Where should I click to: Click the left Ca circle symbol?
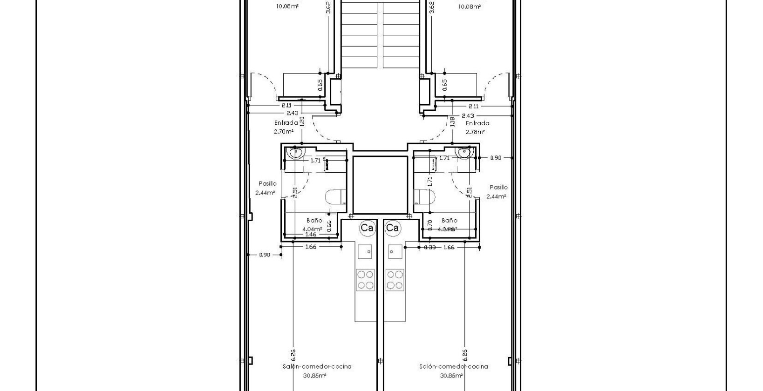coord(367,228)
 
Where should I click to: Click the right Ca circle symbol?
coord(393,228)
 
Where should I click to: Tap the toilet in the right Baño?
coord(423,197)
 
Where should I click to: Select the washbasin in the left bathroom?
coord(295,152)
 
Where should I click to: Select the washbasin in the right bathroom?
coord(464,152)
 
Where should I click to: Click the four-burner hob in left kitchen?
coord(365,280)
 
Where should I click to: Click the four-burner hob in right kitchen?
coord(395,280)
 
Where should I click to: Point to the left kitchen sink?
coord(365,252)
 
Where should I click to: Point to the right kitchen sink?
coord(395,252)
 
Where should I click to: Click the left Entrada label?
coord(286,123)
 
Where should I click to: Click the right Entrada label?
coord(477,123)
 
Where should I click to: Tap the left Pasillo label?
coord(267,183)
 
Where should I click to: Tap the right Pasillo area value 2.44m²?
coord(496,196)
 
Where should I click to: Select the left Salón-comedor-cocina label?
coord(317,366)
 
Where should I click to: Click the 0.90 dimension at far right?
coord(496,158)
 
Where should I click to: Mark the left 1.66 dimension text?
coord(311,247)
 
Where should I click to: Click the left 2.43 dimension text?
coord(292,113)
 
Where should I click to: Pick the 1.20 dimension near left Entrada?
coord(302,122)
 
